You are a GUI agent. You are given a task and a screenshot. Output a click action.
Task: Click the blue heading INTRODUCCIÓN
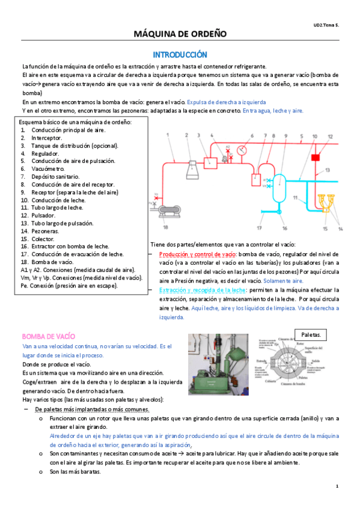pos(180,54)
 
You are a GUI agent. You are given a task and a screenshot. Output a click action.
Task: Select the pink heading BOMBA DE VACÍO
pos(48,336)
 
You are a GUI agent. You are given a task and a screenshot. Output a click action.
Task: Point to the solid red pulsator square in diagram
pos(315,158)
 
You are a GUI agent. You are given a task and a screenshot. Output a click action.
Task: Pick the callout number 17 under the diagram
pos(259,229)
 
